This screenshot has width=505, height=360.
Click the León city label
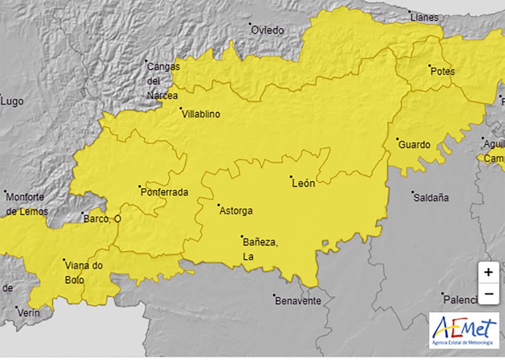[x=303, y=183]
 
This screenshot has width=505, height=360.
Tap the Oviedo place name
[x=267, y=30]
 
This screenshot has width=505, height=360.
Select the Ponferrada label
[x=164, y=193]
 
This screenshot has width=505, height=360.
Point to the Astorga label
[x=236, y=211]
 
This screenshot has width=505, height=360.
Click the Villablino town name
[x=201, y=114]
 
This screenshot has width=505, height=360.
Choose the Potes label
[x=442, y=72]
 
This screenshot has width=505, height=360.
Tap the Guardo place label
[x=414, y=145]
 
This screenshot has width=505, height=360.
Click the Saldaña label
[x=431, y=198]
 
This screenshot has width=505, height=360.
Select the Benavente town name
[x=298, y=301]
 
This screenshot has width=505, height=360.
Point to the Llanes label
[x=424, y=18]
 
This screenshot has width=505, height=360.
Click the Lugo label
[x=12, y=101]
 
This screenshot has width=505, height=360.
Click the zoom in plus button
[x=488, y=272]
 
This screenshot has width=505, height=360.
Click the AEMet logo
[x=464, y=330]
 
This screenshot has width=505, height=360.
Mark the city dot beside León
[x=291, y=177]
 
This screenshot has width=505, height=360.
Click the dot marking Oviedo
[x=250, y=24]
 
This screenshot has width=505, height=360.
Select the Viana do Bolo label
[x=84, y=273]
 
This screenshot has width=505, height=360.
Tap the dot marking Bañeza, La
[x=242, y=236]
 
